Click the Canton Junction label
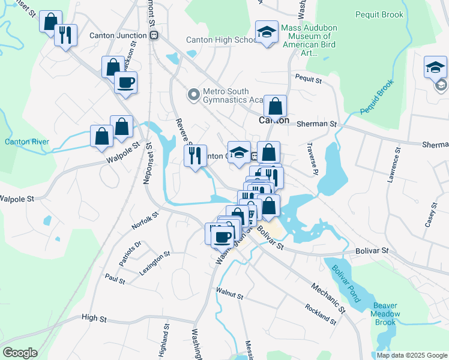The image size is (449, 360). tap(118, 35)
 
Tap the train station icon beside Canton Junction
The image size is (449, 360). tap(154, 35)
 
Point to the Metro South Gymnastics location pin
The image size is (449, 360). tap(193, 94)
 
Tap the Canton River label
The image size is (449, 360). tap(27, 142)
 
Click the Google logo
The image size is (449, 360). tap(20, 352)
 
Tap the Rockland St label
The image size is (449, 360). tap(320, 312)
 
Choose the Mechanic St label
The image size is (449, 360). tap(328, 298)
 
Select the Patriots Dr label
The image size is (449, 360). tap(130, 253)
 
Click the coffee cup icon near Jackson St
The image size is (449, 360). tap(125, 83)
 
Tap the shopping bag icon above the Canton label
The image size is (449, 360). tap(275, 107)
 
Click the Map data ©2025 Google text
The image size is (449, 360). tap(411, 355)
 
